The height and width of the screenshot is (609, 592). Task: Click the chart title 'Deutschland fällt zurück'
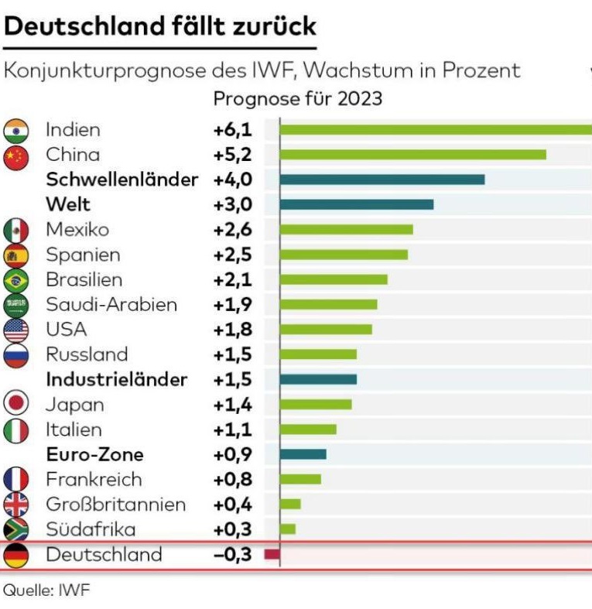[x=160, y=26]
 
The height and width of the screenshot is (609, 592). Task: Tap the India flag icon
[x=16, y=130]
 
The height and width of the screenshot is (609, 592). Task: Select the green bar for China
[x=412, y=155]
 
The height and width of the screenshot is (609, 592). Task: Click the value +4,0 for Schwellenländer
[x=232, y=180]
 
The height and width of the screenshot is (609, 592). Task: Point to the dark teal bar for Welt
[x=356, y=204]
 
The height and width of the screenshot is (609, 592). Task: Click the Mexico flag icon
[x=16, y=230]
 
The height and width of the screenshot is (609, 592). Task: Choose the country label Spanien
[x=83, y=255]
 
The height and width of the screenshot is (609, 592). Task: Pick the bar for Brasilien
[x=334, y=279]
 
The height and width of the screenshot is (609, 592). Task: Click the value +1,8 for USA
[x=232, y=330]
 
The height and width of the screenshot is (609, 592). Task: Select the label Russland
[x=87, y=354]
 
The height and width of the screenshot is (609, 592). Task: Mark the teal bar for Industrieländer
[x=318, y=379]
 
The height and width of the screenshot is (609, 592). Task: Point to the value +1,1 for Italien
[x=232, y=429]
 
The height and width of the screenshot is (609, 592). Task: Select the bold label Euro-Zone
[x=94, y=454]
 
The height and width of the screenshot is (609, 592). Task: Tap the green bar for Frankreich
[x=300, y=479]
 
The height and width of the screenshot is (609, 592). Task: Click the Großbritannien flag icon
[x=16, y=505]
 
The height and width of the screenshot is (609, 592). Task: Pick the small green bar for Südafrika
[x=288, y=529]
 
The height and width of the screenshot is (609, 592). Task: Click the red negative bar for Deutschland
[x=272, y=555]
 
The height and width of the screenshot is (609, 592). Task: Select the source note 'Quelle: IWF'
[x=46, y=590]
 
